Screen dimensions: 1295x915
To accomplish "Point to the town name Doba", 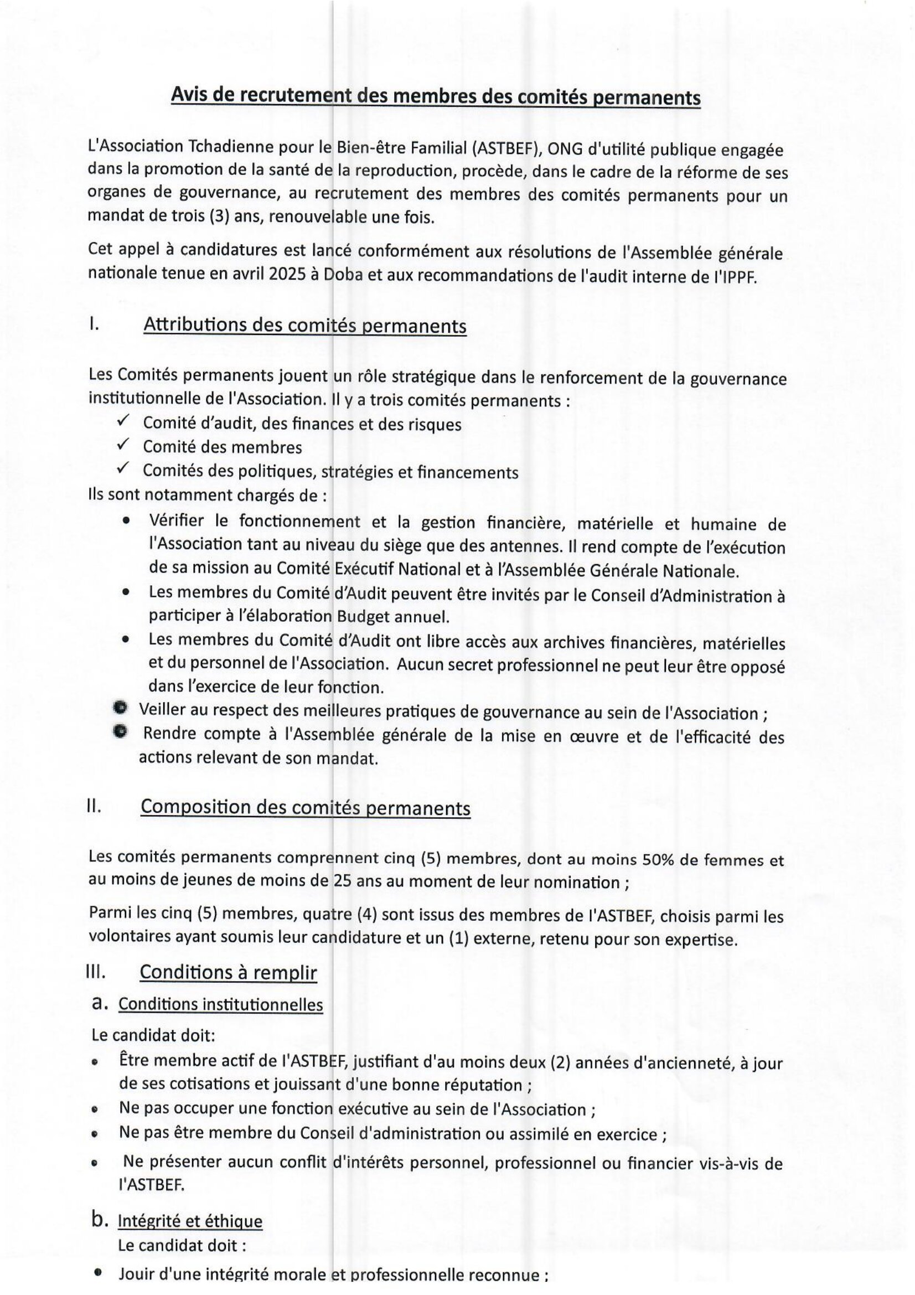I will coord(344,275).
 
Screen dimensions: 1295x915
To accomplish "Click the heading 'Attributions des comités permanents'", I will coord(305,326).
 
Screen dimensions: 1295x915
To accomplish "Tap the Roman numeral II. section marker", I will coord(94,806).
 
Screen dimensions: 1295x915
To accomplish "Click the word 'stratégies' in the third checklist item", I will coord(361,472).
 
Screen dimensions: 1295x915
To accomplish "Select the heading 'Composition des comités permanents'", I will coord(305,808).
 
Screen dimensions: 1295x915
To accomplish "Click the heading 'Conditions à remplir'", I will coord(228,972).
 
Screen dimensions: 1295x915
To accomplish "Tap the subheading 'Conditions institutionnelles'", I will coord(220,1004).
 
